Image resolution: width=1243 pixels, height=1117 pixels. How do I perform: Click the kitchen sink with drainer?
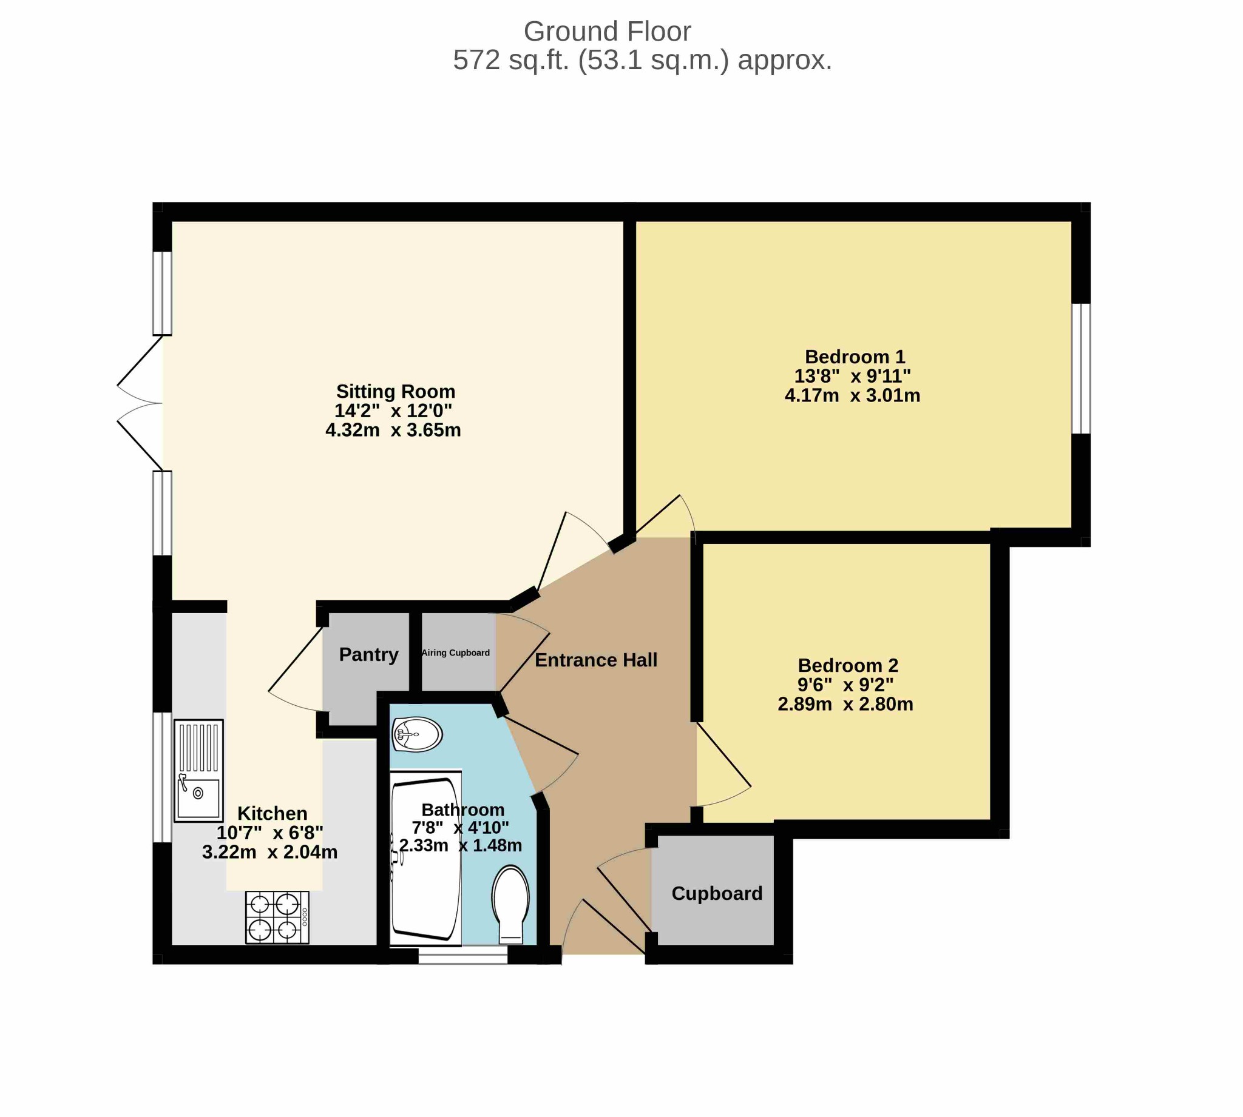coord(198,770)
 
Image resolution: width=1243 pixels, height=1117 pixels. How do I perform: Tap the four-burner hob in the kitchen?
coord(277,917)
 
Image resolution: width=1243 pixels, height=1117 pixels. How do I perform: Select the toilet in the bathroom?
coord(510,904)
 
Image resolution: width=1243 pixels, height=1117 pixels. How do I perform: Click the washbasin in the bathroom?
coord(417,734)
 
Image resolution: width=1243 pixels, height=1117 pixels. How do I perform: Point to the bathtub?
coord(425,858)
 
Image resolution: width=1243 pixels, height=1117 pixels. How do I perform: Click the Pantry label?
coord(368,655)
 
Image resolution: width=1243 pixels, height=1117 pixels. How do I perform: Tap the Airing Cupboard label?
coord(456,653)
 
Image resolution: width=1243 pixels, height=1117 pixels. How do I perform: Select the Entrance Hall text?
coord(596,660)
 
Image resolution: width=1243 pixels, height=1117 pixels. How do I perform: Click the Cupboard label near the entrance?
coord(717,893)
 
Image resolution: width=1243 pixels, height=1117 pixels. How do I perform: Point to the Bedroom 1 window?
coord(1081,368)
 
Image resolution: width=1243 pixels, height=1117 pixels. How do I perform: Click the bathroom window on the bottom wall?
coord(463,954)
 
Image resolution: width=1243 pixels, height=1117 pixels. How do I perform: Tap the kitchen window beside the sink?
coord(162,777)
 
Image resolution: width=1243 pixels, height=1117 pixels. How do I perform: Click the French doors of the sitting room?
coord(140,403)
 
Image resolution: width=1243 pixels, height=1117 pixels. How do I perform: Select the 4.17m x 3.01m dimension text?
coord(852,395)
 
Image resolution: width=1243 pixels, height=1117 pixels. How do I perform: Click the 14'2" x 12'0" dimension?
coord(393,411)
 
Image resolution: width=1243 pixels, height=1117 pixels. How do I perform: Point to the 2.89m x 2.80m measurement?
coord(845,704)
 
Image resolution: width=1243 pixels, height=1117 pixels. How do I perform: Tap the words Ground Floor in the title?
coord(608,32)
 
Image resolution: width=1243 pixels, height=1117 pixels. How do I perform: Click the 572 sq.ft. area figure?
coord(512,60)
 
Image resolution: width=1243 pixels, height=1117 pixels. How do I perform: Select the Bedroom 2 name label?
coord(848,665)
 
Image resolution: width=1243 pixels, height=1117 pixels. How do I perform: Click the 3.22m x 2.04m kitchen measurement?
coord(269,852)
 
